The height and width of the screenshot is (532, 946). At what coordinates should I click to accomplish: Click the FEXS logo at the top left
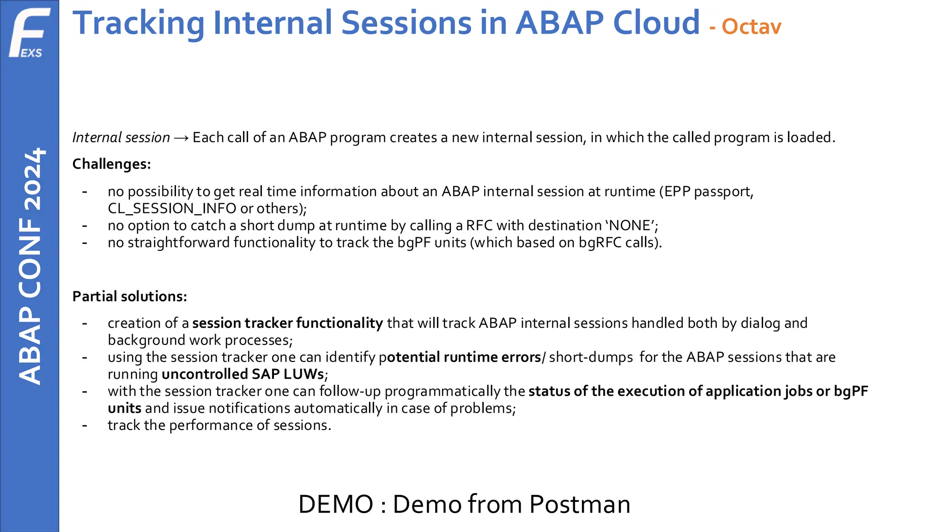click(x=30, y=33)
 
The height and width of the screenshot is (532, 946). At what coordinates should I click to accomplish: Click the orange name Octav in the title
click(x=752, y=27)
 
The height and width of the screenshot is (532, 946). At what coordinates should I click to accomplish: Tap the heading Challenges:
click(x=112, y=164)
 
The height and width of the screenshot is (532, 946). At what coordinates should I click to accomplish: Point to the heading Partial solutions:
click(x=130, y=296)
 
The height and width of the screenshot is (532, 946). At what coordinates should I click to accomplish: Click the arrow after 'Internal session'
click(x=181, y=138)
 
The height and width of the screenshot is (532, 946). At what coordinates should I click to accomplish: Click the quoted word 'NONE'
click(x=630, y=226)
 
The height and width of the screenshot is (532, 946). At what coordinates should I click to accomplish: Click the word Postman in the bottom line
click(x=580, y=504)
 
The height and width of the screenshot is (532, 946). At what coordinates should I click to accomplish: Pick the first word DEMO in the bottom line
click(x=336, y=504)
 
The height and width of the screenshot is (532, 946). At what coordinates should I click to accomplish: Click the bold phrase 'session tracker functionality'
click(x=287, y=323)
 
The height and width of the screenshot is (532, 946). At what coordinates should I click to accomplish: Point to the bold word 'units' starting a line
click(x=124, y=409)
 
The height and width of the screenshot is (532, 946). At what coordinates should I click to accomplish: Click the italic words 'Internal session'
click(x=121, y=138)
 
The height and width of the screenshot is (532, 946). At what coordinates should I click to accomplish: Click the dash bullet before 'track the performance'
click(x=85, y=425)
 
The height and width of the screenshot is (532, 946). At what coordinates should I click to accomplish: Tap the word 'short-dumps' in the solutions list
click(x=591, y=357)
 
